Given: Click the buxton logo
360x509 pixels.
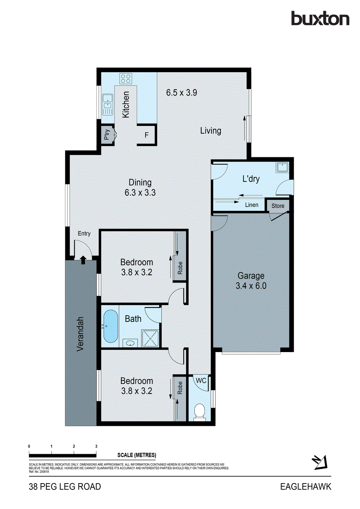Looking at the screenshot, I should click(x=320, y=19).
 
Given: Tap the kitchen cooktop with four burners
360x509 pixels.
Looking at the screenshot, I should click(x=126, y=78).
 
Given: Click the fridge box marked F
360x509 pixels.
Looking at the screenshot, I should click(x=146, y=135).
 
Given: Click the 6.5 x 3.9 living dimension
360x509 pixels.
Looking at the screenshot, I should click(x=181, y=92).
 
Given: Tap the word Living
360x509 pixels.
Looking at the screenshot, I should click(x=211, y=131).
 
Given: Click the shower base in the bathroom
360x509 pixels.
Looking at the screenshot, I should click(x=150, y=338).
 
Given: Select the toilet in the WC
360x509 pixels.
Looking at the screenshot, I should click(x=198, y=411).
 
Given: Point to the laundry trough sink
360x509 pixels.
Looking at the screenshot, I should click(x=282, y=168).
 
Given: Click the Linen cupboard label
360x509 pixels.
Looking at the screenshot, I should click(x=252, y=205).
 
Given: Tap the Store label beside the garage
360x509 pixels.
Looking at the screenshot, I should click(x=278, y=206).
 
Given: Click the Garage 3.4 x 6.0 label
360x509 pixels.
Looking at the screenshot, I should click(x=250, y=280).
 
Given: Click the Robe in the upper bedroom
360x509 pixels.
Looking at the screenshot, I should click(x=180, y=267).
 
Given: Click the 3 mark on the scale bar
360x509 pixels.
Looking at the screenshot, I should click(x=96, y=447).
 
